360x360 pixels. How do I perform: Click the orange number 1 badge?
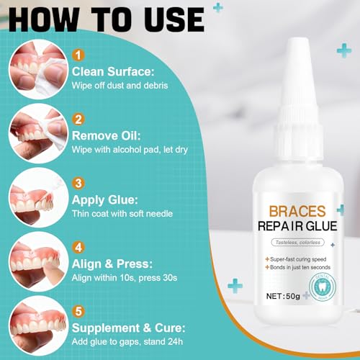[78, 54]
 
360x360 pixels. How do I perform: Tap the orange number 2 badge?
[78, 120]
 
